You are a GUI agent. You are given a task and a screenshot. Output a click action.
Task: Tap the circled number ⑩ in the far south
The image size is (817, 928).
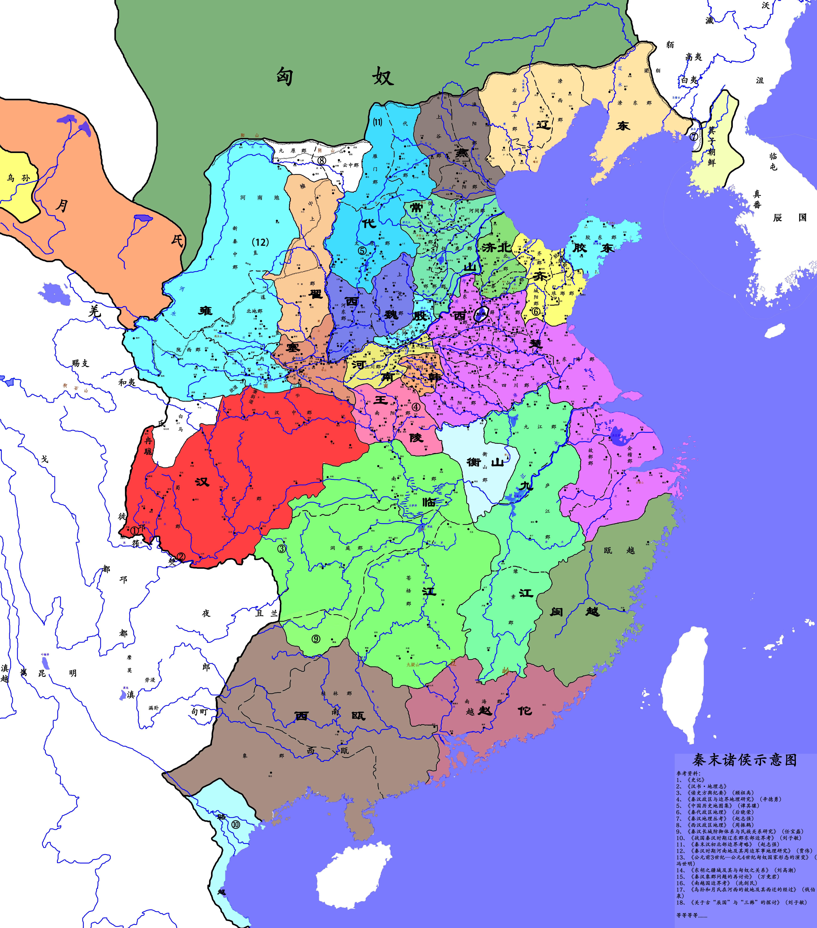tap(235, 825)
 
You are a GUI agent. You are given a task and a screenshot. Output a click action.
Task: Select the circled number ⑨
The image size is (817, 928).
tap(316, 639)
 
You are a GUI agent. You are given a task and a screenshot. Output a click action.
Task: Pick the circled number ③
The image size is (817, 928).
tap(282, 548)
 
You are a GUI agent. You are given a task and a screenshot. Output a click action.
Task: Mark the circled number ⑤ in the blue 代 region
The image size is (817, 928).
tap(362, 250)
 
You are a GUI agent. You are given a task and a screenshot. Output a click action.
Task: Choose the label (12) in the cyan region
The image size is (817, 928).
tap(260, 242)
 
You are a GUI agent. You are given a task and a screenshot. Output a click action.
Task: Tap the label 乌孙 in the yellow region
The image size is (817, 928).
tap(18, 178)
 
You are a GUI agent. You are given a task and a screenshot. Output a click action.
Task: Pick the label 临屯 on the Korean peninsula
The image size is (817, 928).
tap(773, 161)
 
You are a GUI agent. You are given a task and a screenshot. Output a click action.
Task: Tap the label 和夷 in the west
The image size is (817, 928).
tap(127, 382)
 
